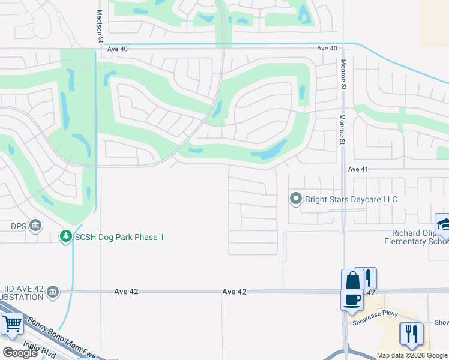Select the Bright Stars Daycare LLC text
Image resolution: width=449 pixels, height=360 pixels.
[351, 199]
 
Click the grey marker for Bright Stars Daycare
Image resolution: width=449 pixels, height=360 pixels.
[295, 198]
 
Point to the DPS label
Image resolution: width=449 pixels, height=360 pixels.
[19, 226]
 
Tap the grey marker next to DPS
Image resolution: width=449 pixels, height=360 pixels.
[35, 226]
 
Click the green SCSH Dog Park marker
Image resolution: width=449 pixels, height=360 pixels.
[66, 237]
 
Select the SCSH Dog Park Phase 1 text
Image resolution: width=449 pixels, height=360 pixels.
[119, 238]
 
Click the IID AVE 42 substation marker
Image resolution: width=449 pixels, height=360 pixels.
[53, 292]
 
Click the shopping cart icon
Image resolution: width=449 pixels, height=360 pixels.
[12, 325]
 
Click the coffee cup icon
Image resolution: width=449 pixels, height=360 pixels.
[352, 299]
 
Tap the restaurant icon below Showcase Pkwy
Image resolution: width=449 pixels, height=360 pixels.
[411, 333]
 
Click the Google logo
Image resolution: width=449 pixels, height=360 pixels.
[20, 352]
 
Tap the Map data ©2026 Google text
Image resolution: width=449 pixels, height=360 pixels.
[412, 355]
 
